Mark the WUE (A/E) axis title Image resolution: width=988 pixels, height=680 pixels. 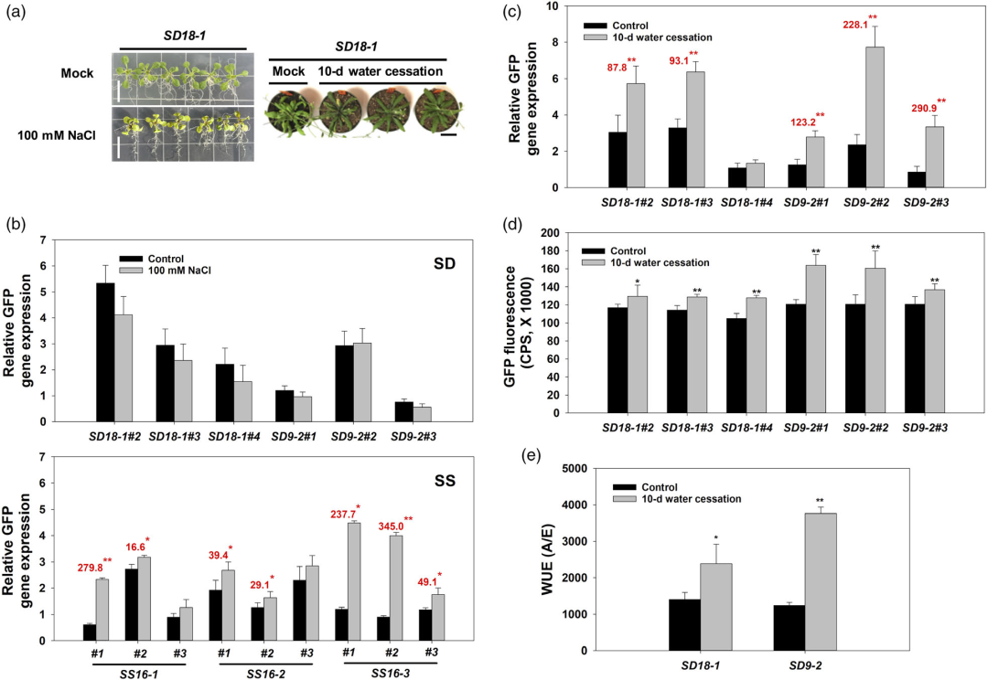click(538, 558)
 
